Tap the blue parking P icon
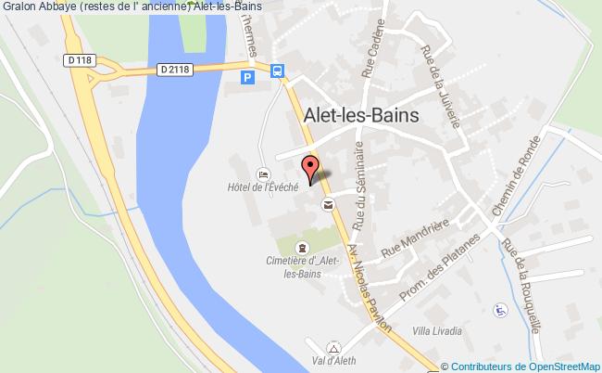point(247,79)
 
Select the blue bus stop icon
point(276,70)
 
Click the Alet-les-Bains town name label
point(361,114)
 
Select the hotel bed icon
point(263,174)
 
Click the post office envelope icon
point(327,204)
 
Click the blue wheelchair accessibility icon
point(501,309)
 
